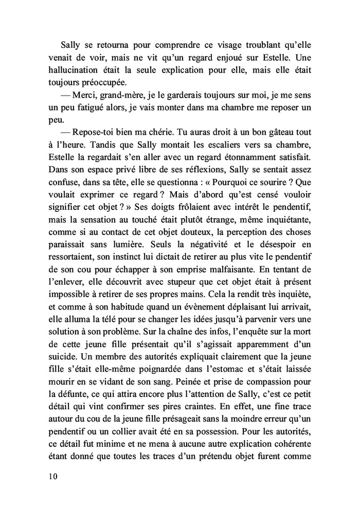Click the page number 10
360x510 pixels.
pos(50,477)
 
